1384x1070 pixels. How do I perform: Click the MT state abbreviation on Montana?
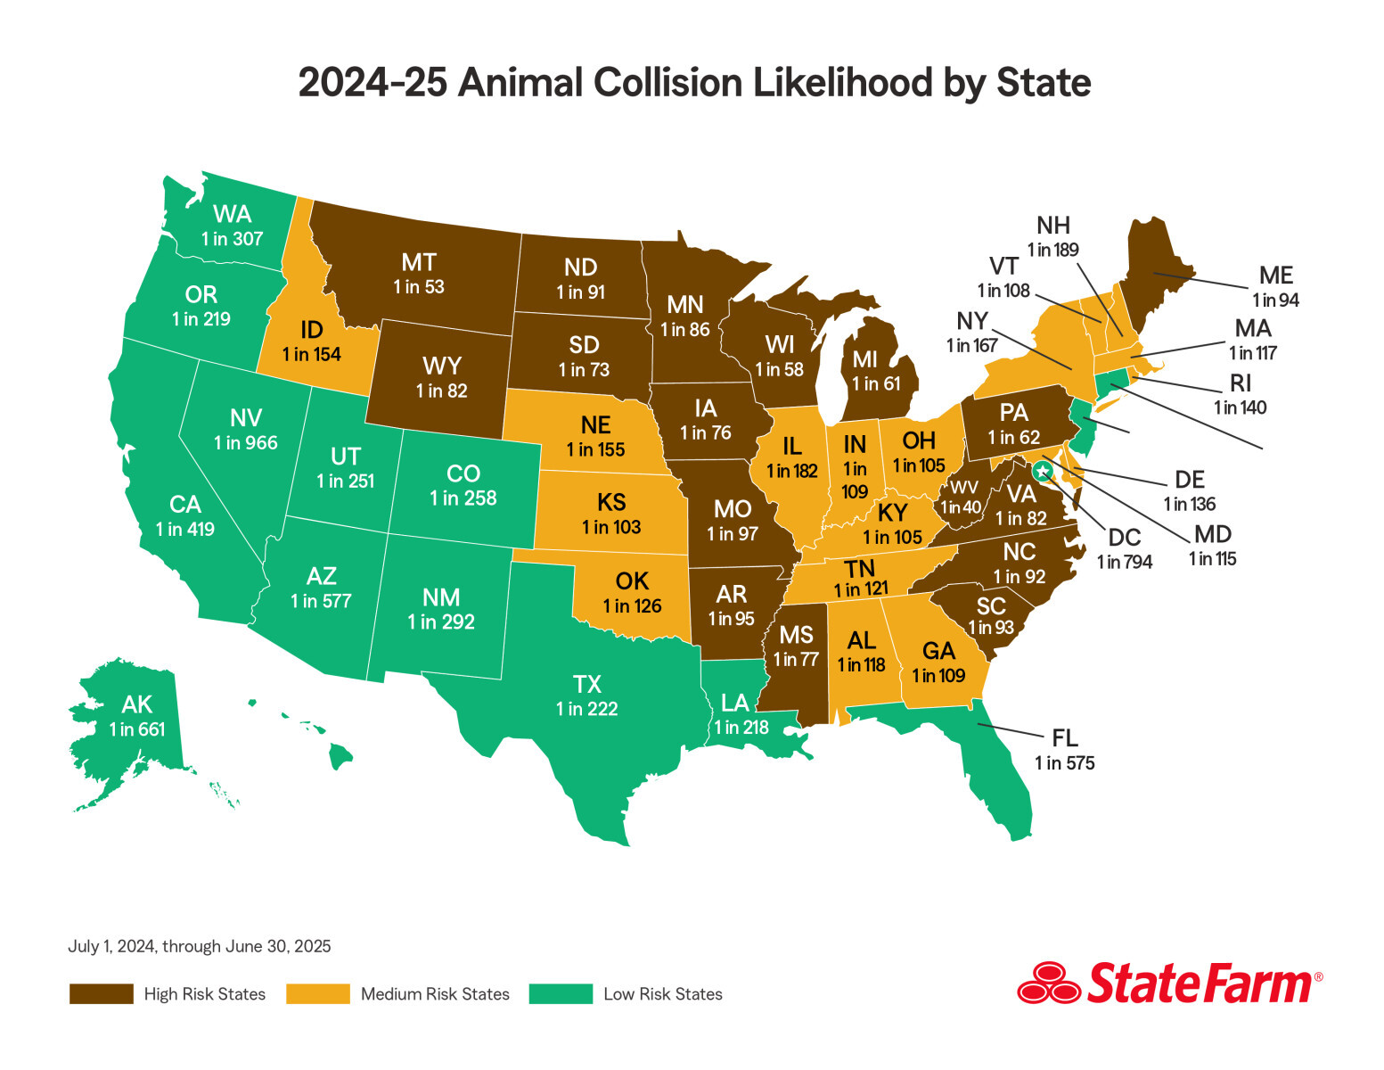pos(418,262)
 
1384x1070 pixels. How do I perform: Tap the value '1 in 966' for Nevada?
pos(245,442)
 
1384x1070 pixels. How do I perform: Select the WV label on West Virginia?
pos(963,488)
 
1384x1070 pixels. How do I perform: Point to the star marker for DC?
pos(1042,470)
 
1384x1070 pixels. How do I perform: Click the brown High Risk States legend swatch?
pos(101,994)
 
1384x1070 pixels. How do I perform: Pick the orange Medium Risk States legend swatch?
pos(317,994)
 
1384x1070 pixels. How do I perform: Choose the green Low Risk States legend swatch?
pos(561,994)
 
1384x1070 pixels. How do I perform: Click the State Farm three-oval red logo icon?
pos(1048,984)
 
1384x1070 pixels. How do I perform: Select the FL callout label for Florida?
pos(1064,738)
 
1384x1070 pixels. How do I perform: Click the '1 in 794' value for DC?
pos(1125,562)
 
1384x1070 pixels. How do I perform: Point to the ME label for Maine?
pos(1275,276)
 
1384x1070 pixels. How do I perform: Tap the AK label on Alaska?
pos(137,704)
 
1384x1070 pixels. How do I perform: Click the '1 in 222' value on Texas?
pos(586,709)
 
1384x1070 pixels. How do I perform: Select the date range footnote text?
pos(199,946)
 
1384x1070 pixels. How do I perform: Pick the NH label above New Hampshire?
pos(1052,226)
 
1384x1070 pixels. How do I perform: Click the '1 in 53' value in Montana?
pos(418,287)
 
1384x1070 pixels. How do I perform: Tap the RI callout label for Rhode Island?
pos(1240,383)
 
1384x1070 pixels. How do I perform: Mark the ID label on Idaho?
pos(311,330)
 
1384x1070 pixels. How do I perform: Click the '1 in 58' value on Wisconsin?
pos(779,369)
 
